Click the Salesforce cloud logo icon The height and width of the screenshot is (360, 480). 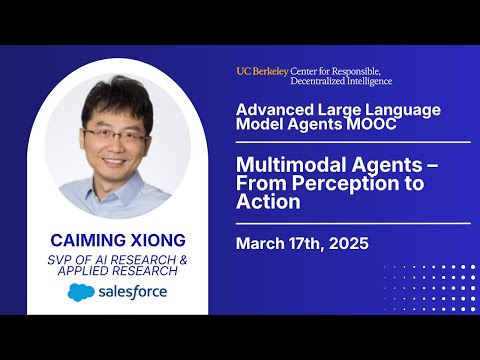(x=81, y=292)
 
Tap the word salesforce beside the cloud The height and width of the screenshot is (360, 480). (x=133, y=292)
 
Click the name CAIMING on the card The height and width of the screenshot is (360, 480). (x=88, y=240)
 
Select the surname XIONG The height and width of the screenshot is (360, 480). (x=158, y=240)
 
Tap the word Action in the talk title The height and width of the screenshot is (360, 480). (x=268, y=202)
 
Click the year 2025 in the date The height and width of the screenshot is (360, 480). (x=349, y=243)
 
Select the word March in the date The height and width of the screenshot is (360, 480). (x=260, y=243)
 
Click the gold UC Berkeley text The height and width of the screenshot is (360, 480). (x=262, y=71)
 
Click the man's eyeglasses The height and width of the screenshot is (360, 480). (x=115, y=135)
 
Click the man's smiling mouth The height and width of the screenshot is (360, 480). (x=114, y=162)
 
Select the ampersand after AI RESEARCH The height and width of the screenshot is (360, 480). (x=183, y=260)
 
